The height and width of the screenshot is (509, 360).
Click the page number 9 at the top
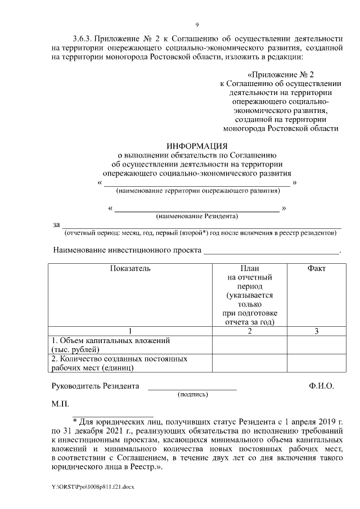(196, 25)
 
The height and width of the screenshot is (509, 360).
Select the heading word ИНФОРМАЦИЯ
(196, 146)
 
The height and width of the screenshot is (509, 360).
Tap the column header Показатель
(130, 269)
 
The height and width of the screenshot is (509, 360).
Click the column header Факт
(316, 269)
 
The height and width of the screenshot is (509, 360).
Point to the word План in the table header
(249, 269)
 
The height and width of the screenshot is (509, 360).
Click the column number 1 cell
(130, 331)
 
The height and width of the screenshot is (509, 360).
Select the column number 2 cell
(249, 331)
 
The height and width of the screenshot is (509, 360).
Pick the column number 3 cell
(316, 331)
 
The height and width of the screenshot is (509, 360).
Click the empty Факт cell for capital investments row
(316, 345)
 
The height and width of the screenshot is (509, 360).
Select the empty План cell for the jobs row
(249, 363)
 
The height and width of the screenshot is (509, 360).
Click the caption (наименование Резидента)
(197, 216)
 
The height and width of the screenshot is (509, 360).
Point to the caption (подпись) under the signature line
(192, 395)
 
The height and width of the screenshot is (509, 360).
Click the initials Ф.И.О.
(321, 386)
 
